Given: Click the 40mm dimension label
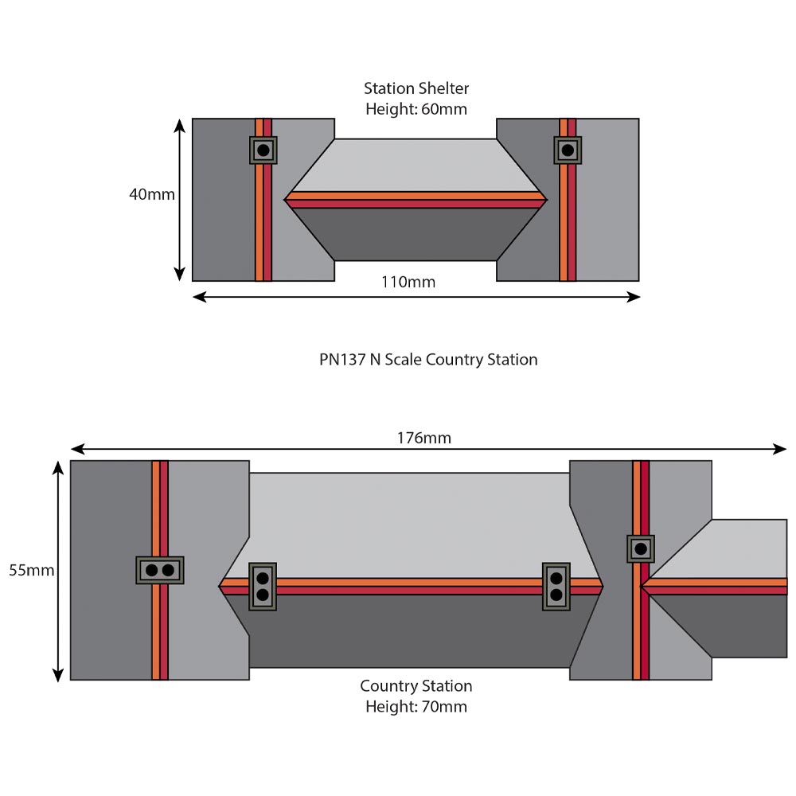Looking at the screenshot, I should pyautogui.click(x=151, y=194).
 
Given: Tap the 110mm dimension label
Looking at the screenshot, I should pyautogui.click(x=409, y=282).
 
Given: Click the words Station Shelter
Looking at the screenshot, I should pyautogui.click(x=416, y=88).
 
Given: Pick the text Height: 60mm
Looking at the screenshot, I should pyautogui.click(x=416, y=109).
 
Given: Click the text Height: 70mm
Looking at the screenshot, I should pyautogui.click(x=416, y=706).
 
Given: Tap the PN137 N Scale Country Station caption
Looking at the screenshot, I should pyautogui.click(x=428, y=360).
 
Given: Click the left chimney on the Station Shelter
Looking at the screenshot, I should pyautogui.click(x=263, y=150).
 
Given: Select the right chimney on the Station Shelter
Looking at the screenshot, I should pyautogui.click(x=568, y=150).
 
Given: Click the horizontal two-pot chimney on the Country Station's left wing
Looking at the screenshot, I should pyautogui.click(x=159, y=570).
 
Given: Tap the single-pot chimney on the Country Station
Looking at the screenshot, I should pyautogui.click(x=641, y=548).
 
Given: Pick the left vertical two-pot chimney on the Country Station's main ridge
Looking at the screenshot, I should pyautogui.click(x=263, y=587).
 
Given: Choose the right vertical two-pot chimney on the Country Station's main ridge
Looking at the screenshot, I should pyautogui.click(x=556, y=587).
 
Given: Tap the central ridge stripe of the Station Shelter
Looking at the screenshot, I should pyautogui.click(x=416, y=199).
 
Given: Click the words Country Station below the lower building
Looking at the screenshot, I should pyautogui.click(x=416, y=686).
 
